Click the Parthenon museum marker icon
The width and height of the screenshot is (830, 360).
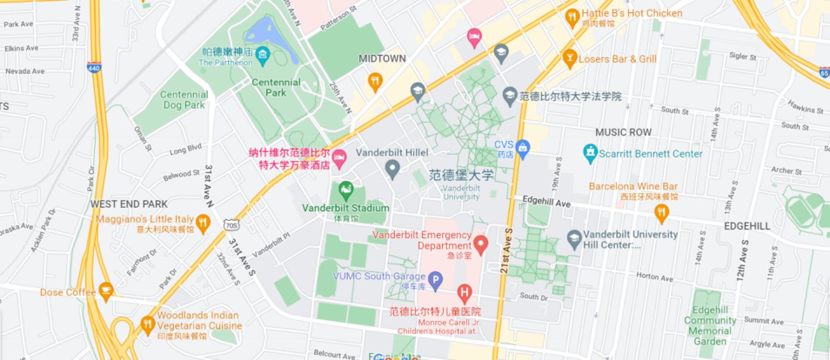tap(262, 55)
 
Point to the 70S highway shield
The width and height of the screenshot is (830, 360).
tap(231, 225)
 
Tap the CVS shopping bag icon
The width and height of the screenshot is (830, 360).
tap(523, 149)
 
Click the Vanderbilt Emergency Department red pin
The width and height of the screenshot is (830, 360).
tap(480, 244)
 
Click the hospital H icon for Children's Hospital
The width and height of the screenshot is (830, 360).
tap(464, 293)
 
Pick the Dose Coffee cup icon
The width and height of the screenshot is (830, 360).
tap(106, 290)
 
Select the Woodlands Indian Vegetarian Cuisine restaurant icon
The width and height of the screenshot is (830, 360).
tap(148, 324)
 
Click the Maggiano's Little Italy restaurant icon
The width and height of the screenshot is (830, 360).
tap(202, 223)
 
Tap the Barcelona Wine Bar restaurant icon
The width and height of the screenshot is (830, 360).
tap(661, 213)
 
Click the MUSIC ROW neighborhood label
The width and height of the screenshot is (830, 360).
tap(623, 132)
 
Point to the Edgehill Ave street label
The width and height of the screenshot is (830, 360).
tap(546, 201)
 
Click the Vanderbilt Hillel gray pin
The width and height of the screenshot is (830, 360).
tap(393, 169)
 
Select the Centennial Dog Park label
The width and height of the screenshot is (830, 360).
tap(184, 100)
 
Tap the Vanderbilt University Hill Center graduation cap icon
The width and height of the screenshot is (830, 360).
tap(575, 239)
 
